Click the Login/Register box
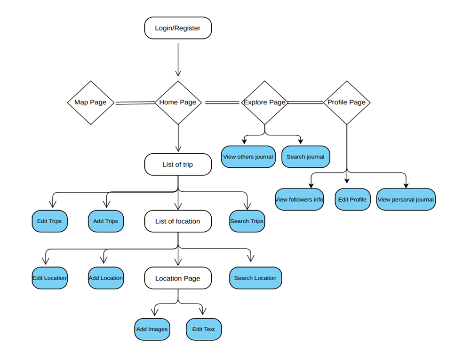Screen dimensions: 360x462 click(178, 28)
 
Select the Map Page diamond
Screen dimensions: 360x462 click(91, 102)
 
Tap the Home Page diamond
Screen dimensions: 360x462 click(178, 102)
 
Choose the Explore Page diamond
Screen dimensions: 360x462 click(264, 102)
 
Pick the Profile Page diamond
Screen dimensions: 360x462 click(347, 102)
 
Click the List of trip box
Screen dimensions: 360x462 click(178, 164)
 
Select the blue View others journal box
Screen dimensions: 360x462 click(248, 157)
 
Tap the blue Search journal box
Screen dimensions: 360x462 click(305, 157)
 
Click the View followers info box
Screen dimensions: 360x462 click(299, 200)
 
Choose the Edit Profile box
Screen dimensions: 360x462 click(352, 200)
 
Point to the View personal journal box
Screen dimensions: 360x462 click(406, 200)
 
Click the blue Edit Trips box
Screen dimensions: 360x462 click(49, 221)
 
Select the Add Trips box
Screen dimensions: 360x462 click(106, 221)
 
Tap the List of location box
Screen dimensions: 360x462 click(178, 221)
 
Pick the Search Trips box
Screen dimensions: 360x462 click(247, 221)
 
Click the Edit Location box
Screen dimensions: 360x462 click(49, 278)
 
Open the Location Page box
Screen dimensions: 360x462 click(178, 278)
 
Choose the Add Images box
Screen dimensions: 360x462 click(151, 329)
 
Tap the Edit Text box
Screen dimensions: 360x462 click(204, 329)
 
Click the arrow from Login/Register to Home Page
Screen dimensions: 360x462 click(178, 59)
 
